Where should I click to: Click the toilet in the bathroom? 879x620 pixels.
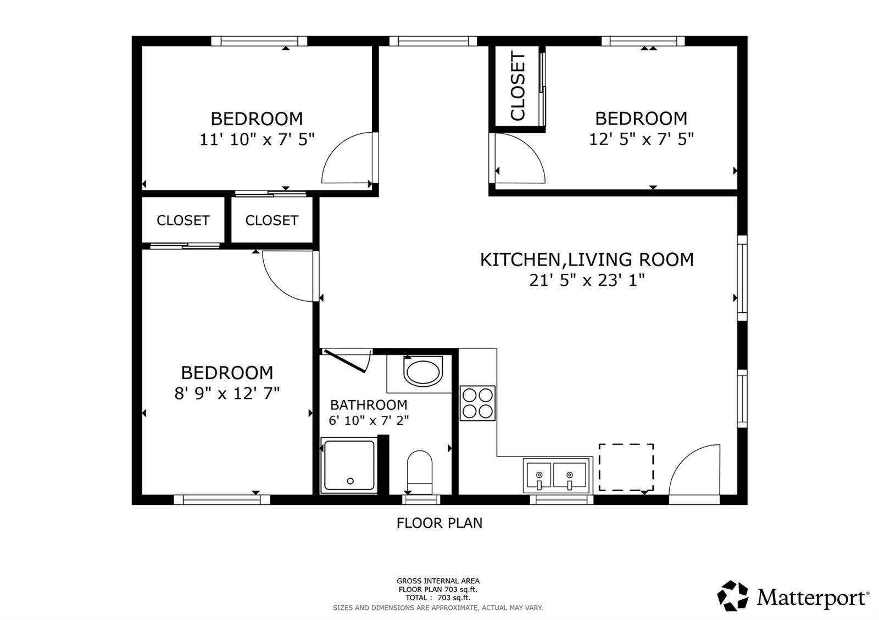pyautogui.click(x=420, y=472)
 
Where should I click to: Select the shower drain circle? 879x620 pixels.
pyautogui.click(x=351, y=481)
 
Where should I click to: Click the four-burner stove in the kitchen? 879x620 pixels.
pyautogui.click(x=477, y=403)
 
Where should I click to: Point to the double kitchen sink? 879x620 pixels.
pyautogui.click(x=558, y=475)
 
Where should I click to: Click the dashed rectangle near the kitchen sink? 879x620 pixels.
pyautogui.click(x=626, y=467)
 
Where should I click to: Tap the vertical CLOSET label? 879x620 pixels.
pyautogui.click(x=518, y=86)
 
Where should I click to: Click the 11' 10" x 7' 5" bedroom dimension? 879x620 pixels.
pyautogui.click(x=257, y=139)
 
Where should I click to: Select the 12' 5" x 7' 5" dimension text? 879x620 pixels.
pyautogui.click(x=641, y=139)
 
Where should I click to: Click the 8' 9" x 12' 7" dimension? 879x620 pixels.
pyautogui.click(x=227, y=393)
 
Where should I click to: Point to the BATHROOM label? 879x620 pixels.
pyautogui.click(x=369, y=405)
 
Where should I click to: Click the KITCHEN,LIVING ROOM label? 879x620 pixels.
pyautogui.click(x=587, y=260)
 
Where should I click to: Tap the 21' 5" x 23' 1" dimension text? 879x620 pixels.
pyautogui.click(x=587, y=280)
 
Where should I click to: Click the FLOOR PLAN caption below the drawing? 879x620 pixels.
pyautogui.click(x=439, y=523)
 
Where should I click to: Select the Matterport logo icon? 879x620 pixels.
pyautogui.click(x=733, y=596)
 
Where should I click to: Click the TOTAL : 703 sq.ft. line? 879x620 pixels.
pyautogui.click(x=438, y=598)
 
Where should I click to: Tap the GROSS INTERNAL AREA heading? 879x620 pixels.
pyautogui.click(x=438, y=581)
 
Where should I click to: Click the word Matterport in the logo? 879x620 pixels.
pyautogui.click(x=811, y=598)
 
